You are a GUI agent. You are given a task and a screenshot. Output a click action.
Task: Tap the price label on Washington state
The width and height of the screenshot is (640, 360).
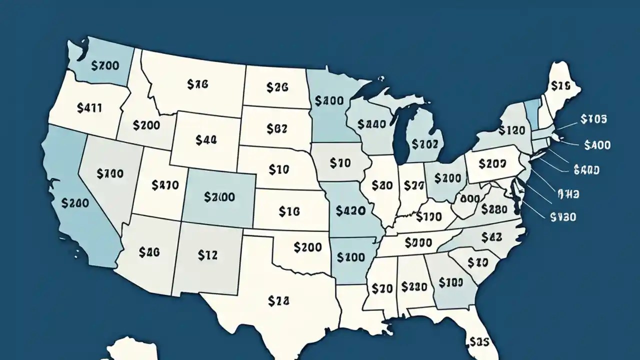[x=105, y=65]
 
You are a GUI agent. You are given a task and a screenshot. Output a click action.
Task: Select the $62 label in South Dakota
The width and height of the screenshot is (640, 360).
[x=276, y=128]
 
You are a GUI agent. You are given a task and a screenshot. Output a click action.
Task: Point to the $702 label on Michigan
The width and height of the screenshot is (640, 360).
[x=425, y=144]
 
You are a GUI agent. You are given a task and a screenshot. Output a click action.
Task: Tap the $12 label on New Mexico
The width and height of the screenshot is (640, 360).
[x=207, y=255]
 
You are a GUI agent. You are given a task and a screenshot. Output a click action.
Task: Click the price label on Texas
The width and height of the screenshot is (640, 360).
[x=278, y=300]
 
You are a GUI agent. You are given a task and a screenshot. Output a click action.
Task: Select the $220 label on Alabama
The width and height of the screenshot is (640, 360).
[x=414, y=286]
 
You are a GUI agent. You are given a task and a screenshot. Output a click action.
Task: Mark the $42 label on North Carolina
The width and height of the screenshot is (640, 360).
[x=491, y=237]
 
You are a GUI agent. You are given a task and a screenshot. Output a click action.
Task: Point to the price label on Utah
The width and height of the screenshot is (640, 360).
[x=164, y=185]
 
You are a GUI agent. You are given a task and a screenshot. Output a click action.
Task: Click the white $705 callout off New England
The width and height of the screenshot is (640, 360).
[x=594, y=119]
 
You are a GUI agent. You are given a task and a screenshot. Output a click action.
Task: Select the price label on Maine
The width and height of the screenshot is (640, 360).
[x=560, y=86]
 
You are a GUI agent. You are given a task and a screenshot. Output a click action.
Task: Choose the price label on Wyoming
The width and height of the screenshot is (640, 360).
[x=206, y=140]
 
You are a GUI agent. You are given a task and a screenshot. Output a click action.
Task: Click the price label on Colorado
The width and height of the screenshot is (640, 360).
[x=219, y=197]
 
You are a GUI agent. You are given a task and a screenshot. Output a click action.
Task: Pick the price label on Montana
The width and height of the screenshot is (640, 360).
[x=197, y=84]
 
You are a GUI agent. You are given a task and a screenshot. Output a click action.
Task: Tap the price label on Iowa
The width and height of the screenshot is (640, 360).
[x=340, y=162]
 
